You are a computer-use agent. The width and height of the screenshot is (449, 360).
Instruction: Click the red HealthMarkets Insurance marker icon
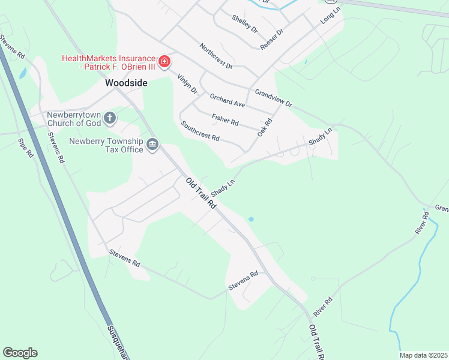pos(164,62)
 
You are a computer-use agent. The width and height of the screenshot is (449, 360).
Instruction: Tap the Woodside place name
pos(126,83)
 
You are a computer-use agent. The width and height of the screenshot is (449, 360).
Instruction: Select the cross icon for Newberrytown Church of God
pos(110,118)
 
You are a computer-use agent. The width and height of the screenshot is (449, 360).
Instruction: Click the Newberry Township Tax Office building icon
pos(152,145)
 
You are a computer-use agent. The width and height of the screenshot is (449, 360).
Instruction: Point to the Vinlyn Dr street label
pos(187,83)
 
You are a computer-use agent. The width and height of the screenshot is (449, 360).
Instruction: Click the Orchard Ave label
pos(227,100)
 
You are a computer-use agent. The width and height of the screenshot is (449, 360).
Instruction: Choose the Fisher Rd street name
pos(225,119)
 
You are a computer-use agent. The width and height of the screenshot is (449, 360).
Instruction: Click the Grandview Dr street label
pos(273,98)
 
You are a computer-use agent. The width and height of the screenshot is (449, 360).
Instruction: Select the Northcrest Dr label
pos(215,55)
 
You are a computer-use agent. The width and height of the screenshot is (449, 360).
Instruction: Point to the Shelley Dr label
pos(244,24)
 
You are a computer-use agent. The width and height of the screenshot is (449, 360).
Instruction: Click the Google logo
pos(20,353)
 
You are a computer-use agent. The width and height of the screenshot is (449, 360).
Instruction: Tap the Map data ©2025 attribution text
pos(423,355)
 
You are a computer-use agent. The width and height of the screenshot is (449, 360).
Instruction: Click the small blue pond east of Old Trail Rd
pos(251,220)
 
